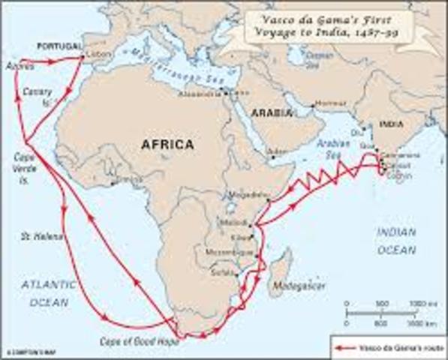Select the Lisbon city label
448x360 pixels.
click(x=95, y=55)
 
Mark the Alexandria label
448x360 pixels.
click(x=197, y=96)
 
